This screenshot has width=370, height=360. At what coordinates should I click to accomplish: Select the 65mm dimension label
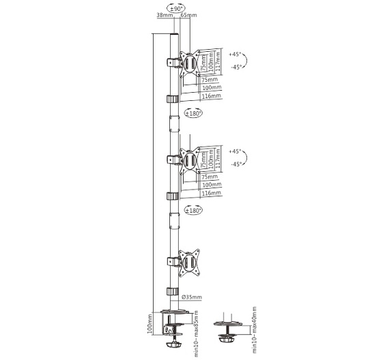click(x=189, y=15)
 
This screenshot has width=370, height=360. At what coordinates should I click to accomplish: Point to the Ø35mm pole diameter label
click(x=192, y=297)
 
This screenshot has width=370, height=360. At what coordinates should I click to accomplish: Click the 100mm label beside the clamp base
click(x=150, y=323)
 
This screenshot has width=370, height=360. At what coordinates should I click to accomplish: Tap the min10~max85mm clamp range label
click(x=196, y=333)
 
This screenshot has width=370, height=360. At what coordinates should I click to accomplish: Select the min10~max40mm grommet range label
click(x=254, y=330)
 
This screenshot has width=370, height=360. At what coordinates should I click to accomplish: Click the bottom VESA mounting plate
click(x=189, y=262)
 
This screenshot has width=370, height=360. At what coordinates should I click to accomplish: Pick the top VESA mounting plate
click(x=190, y=63)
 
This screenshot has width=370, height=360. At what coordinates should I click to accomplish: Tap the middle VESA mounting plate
click(x=190, y=160)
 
